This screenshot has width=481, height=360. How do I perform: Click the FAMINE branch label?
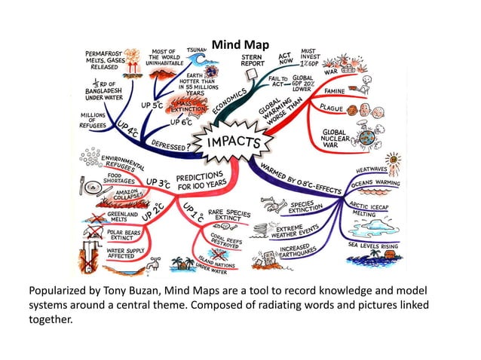point(338,93)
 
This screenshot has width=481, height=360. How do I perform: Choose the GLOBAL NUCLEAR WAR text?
point(334,136)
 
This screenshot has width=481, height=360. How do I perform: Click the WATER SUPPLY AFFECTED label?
point(126,252)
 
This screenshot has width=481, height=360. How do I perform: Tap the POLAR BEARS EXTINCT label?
point(126,234)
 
